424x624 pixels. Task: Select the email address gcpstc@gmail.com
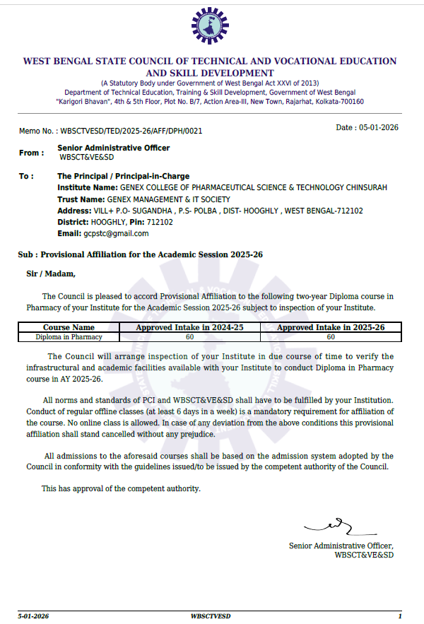click(116, 233)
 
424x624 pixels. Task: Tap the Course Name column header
click(69, 328)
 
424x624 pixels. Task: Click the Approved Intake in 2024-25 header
click(189, 328)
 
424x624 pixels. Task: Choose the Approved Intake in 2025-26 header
click(331, 328)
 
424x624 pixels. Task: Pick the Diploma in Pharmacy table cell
click(69, 337)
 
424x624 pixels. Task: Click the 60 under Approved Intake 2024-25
click(189, 337)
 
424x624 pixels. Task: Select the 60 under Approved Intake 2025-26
click(331, 337)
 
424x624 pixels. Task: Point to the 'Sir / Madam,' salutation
click(50, 273)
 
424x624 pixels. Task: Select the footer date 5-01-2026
click(33, 616)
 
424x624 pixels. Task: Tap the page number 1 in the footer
click(399, 616)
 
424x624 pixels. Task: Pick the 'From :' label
click(31, 153)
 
